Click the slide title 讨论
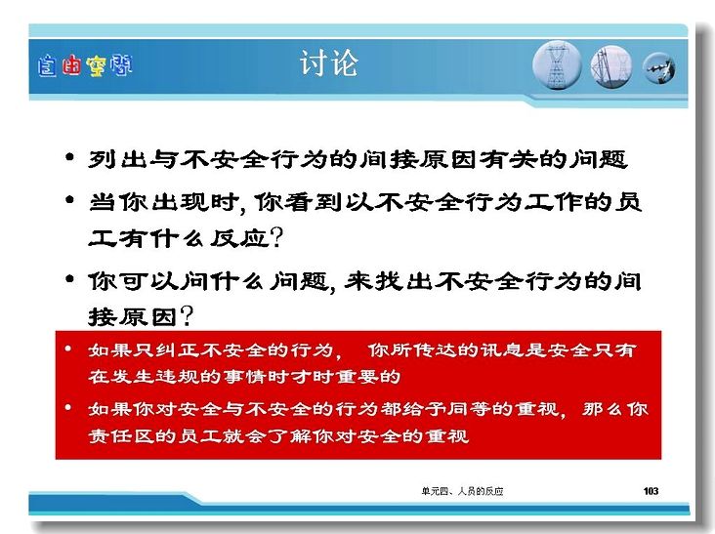click(329, 62)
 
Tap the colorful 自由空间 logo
click(85, 65)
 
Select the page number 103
click(651, 491)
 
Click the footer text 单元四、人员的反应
click(462, 491)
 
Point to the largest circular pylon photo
click(557, 65)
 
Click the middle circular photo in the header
click(611, 66)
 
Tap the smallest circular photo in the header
click(659, 68)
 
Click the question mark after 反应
click(276, 238)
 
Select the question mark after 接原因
click(187, 316)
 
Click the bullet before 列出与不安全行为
click(69, 157)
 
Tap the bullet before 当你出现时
click(69, 199)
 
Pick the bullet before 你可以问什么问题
click(69, 278)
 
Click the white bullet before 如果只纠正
click(68, 349)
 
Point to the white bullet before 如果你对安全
click(68, 407)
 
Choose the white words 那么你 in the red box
click(615, 409)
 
